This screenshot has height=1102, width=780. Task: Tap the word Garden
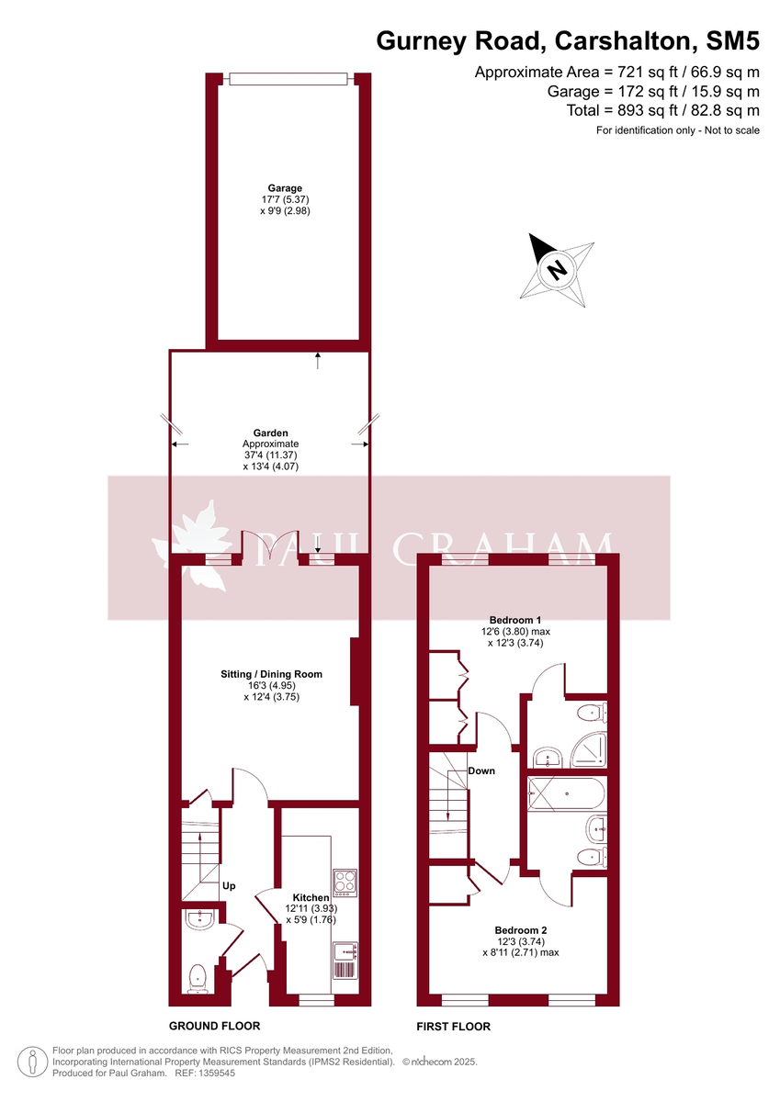(x=271, y=433)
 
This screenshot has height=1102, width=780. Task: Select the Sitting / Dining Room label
(x=271, y=674)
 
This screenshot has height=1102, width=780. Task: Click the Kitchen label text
(x=311, y=897)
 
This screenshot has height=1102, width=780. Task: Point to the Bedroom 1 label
(x=514, y=620)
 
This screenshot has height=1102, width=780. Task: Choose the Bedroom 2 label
(x=520, y=929)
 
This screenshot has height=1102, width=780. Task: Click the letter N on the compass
(x=555, y=270)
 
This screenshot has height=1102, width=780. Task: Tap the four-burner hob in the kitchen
(x=345, y=882)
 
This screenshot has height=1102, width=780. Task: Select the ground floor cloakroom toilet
(x=197, y=978)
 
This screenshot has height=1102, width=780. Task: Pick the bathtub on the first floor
(x=567, y=793)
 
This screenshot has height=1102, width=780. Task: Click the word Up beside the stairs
(x=229, y=886)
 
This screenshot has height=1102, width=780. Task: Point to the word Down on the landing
(x=481, y=770)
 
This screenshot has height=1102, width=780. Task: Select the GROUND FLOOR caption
(x=214, y=1026)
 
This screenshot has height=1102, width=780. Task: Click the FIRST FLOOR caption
(x=454, y=1026)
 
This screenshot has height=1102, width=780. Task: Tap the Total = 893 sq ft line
(x=662, y=110)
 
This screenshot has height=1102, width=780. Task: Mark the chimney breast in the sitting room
(x=354, y=672)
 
